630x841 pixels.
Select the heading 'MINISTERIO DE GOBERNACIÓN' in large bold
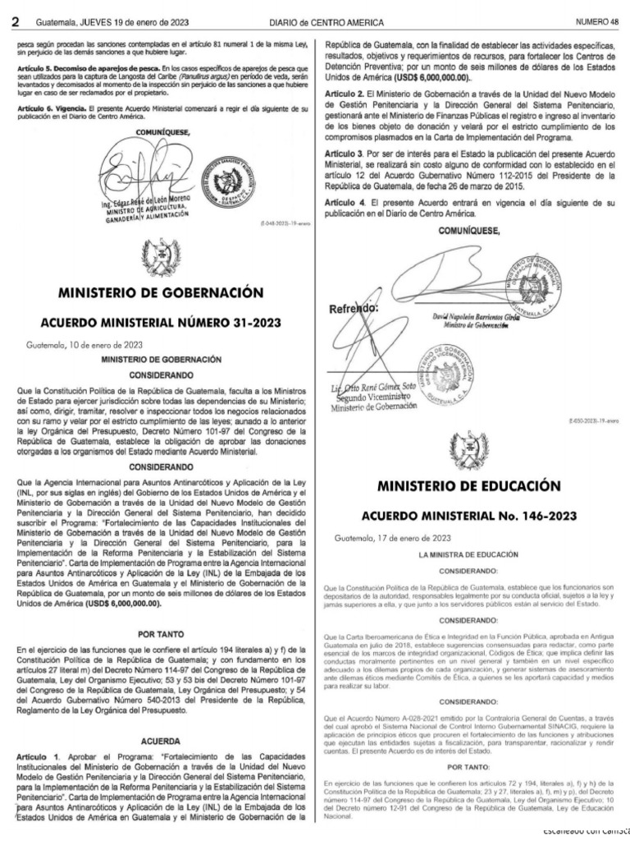click(x=161, y=292)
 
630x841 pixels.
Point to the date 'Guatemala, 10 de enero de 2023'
click(x=73, y=345)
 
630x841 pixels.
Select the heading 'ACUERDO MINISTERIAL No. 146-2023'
click(x=470, y=516)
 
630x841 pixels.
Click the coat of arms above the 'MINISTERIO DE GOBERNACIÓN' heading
click(x=161, y=256)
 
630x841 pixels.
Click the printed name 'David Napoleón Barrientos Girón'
click(x=476, y=317)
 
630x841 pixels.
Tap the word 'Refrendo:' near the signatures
click(x=354, y=310)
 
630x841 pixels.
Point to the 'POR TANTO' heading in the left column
click(x=161, y=634)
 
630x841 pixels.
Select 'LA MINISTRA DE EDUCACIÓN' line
click(x=469, y=555)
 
